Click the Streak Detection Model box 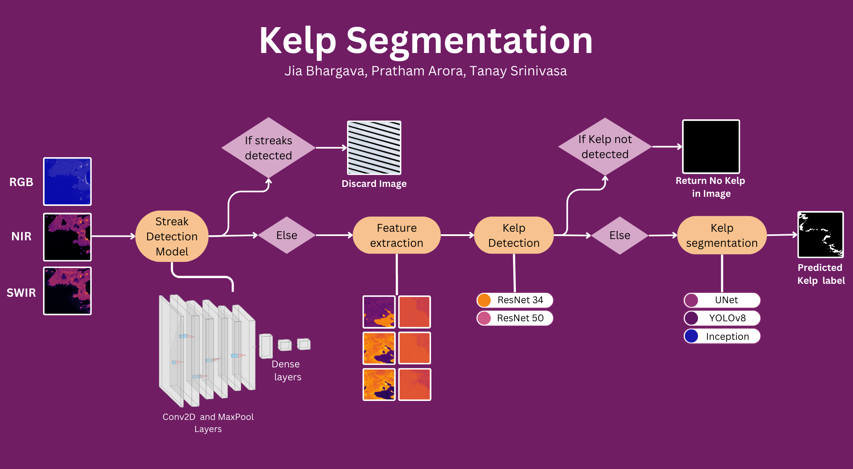[172, 236]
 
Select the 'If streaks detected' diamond [268, 148]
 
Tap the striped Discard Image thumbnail [374, 148]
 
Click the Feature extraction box [397, 235]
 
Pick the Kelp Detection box [514, 235]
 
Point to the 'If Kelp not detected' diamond [605, 147]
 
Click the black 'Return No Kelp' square [711, 147]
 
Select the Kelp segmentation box [722, 235]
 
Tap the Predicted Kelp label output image [820, 235]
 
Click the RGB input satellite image [68, 181]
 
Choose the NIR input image [68, 237]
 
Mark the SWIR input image [68, 291]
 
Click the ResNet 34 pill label [515, 300]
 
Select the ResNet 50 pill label [515, 318]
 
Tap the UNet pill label [722, 300]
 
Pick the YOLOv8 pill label [722, 318]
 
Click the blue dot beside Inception [692, 336]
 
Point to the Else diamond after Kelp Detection [620, 236]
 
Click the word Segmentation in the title [469, 41]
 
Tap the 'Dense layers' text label [287, 370]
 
